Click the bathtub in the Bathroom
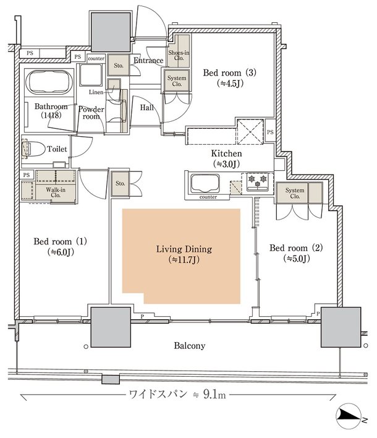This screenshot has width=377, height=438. point(49,82)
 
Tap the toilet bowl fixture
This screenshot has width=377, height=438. point(33,149)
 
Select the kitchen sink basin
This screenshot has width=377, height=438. point(205,184)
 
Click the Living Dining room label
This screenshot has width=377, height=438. point(184,254)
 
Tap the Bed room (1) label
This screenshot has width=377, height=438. point(61,246)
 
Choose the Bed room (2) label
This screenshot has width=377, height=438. point(296,253)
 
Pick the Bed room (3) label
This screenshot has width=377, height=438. point(230,78)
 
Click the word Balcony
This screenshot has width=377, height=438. point(190,346)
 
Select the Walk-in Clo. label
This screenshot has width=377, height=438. point(56,192)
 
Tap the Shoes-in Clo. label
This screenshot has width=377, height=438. point(179,55)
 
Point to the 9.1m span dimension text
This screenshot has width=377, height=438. point(177,395)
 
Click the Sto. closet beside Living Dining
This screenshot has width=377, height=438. point(121,184)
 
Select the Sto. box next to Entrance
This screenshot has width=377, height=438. point(119,65)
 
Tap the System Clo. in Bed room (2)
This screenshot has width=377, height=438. point(295,193)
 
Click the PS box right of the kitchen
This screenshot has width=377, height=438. point(270,131)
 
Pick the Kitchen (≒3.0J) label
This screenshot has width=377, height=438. point(226,158)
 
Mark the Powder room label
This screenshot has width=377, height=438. point(91,113)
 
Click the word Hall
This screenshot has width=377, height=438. point(146,108)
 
